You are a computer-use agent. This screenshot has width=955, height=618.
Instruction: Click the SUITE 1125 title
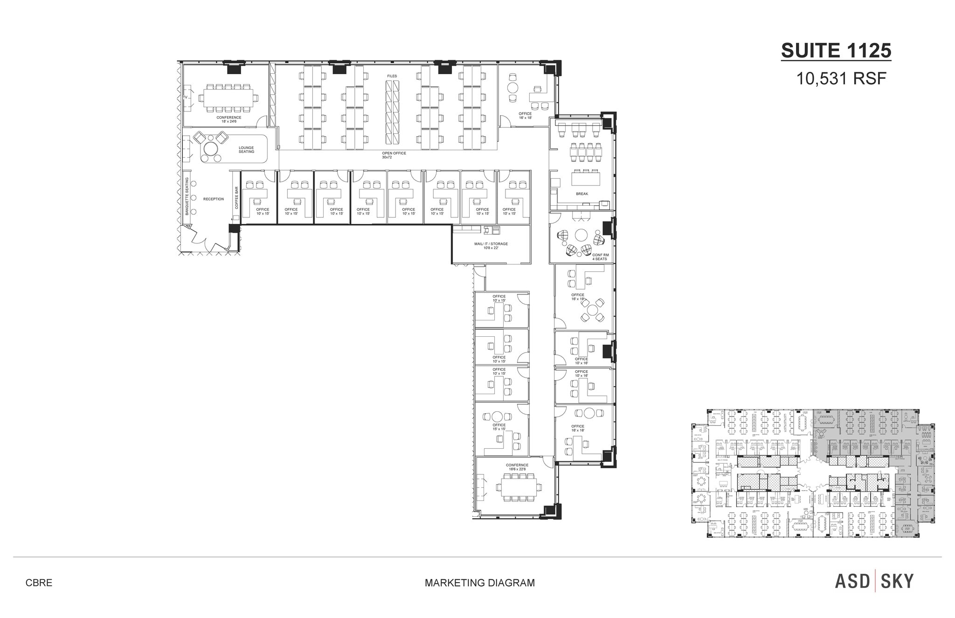[836, 51]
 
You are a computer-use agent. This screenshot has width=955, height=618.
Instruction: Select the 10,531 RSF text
[840, 79]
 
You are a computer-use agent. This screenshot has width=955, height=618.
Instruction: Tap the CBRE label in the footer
[39, 583]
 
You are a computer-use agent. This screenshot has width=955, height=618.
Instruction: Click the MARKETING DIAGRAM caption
[479, 583]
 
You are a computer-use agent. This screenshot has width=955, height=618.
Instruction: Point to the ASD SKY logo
[874, 581]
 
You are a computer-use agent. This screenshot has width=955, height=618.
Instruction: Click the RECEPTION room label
[214, 199]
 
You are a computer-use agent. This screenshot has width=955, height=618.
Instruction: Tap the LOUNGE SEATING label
[246, 150]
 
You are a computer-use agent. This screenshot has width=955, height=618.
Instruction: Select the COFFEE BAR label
[236, 198]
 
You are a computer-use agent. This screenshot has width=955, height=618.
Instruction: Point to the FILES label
[392, 76]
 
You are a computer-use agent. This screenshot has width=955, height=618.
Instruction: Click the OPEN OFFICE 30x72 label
[394, 155]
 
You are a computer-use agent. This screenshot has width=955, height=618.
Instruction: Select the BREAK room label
[582, 194]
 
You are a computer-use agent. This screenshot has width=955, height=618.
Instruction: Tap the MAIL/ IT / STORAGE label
[491, 246]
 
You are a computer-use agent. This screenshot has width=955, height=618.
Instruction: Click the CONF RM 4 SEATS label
[600, 257]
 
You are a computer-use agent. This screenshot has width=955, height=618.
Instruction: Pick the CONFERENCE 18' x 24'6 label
[229, 119]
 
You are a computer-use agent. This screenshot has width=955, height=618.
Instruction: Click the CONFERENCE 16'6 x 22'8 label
[517, 467]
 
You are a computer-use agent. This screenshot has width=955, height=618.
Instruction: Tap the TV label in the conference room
[185, 97]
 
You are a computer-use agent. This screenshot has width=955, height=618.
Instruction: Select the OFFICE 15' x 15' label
[499, 427]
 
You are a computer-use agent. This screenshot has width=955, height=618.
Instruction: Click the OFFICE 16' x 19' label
[578, 297]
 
